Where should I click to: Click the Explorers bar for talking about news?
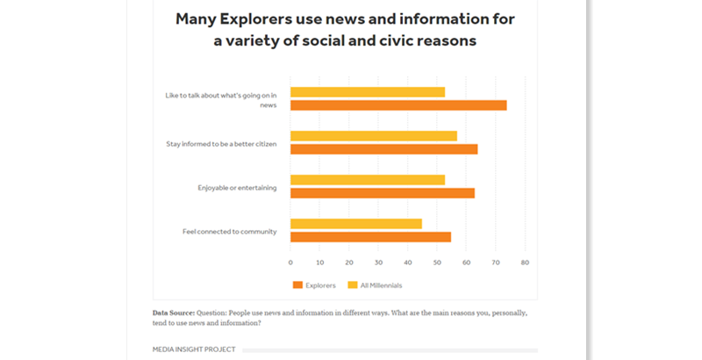[x=398, y=105]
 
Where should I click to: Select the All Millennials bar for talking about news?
[x=368, y=92]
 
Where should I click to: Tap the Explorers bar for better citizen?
[x=383, y=149]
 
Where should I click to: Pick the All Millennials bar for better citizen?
[x=374, y=136]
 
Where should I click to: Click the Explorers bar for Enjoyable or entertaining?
[x=383, y=193]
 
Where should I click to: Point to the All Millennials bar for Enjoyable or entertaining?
[x=368, y=180]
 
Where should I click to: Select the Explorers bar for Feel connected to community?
[x=370, y=237]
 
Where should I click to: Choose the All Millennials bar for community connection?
[x=356, y=224]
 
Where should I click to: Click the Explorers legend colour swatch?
[x=297, y=285]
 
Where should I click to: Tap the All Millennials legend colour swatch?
[x=353, y=285]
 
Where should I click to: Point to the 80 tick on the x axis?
[x=525, y=262]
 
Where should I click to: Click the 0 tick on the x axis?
[x=290, y=262]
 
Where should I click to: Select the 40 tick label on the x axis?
[x=407, y=262]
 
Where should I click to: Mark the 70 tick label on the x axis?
[x=496, y=262]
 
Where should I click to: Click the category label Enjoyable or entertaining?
[x=237, y=187]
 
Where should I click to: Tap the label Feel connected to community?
[x=230, y=231]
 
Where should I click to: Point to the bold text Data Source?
[x=173, y=313]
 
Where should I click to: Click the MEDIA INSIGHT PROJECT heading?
[x=194, y=349]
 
